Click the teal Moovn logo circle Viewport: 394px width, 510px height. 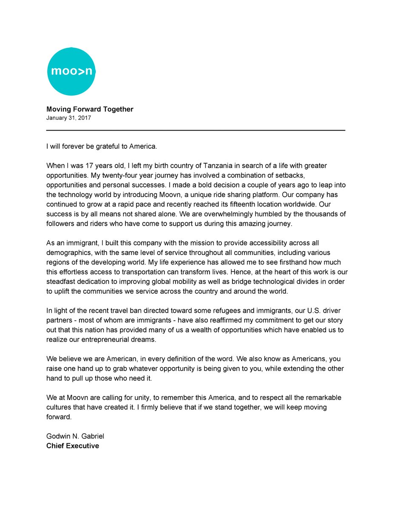[x=71, y=71]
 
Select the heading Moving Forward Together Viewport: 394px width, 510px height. [x=90, y=109]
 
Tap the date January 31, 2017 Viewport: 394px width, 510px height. [x=68, y=118]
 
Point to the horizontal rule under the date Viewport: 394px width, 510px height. [x=196, y=130]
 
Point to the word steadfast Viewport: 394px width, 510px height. [x=60, y=282]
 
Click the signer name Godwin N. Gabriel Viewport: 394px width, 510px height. [x=74, y=436]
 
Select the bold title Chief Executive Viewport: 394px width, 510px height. [x=73, y=446]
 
